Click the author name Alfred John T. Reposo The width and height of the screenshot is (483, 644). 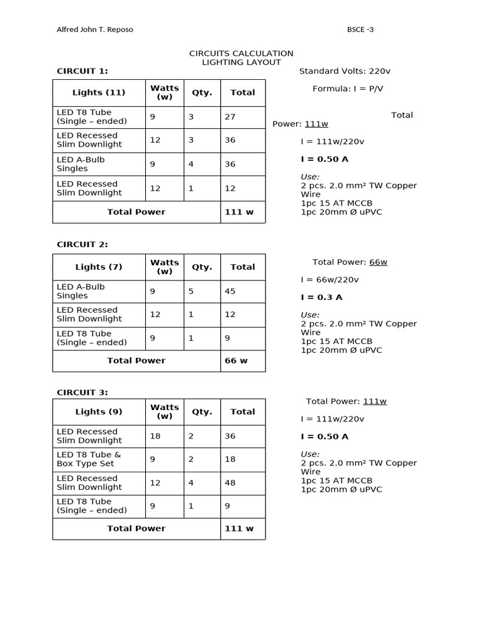[95, 30]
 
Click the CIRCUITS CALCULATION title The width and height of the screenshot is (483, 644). [241, 53]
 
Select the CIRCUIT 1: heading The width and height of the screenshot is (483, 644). [82, 71]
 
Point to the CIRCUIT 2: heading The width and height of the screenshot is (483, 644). [82, 245]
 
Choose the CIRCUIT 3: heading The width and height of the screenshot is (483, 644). [82, 392]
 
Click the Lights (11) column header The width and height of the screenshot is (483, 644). [99, 92]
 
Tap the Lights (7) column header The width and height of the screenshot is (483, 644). [99, 267]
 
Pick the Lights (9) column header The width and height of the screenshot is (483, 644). [99, 412]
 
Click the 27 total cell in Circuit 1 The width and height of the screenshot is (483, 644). [230, 116]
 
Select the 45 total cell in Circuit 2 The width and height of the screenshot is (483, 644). [230, 291]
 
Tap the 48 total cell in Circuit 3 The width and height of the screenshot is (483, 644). [230, 483]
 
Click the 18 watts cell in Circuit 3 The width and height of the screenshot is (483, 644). [155, 436]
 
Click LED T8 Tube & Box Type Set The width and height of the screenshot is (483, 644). [89, 459]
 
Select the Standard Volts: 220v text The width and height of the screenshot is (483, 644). [345, 71]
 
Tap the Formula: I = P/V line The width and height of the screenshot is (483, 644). [348, 89]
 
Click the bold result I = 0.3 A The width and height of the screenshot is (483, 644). [321, 297]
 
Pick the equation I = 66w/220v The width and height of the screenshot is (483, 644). [330, 280]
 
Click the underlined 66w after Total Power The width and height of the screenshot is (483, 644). [378, 262]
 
